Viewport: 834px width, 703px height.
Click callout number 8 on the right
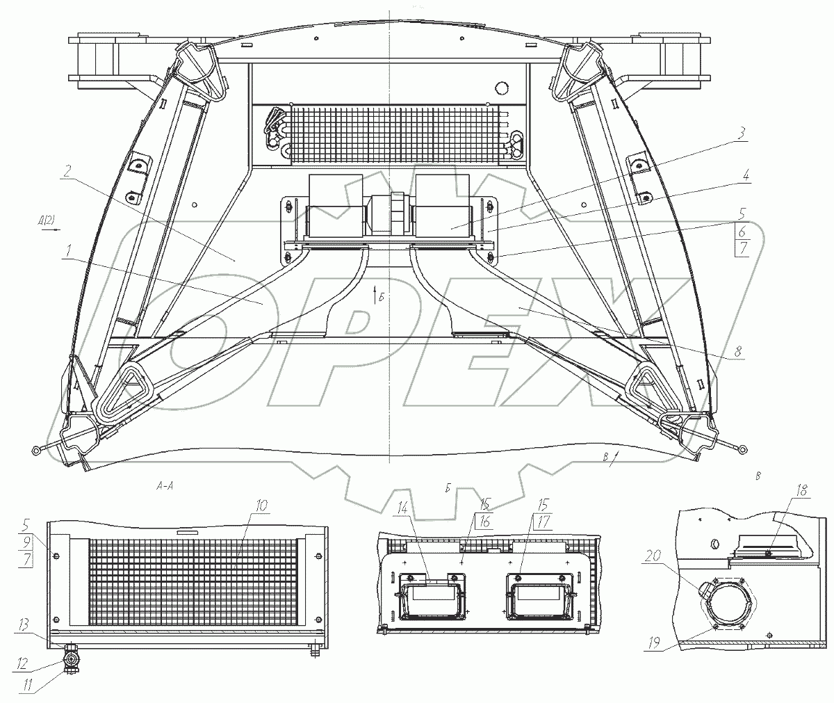click(x=739, y=353)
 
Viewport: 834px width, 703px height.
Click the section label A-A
click(x=165, y=487)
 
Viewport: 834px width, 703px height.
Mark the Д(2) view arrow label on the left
click(x=48, y=221)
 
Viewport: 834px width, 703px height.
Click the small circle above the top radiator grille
click(x=498, y=88)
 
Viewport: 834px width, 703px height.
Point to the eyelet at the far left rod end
click(x=35, y=451)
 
